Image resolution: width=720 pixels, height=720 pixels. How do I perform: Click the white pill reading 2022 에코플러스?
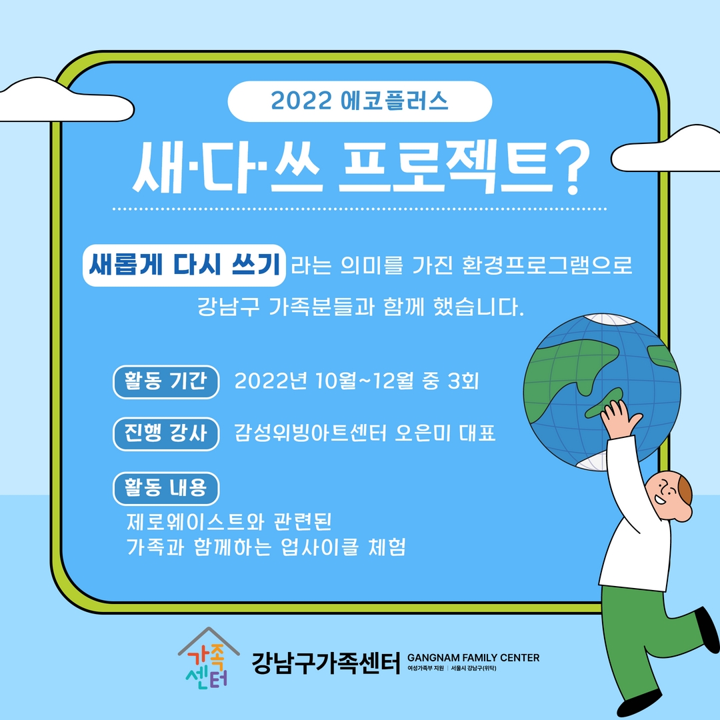(359, 101)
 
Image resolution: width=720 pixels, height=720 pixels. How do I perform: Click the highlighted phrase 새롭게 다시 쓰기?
(184, 265)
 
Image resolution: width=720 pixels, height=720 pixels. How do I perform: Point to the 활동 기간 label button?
(166, 381)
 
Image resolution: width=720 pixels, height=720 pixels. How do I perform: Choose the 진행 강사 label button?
(166, 433)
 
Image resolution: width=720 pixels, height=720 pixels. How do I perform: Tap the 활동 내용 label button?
(166, 488)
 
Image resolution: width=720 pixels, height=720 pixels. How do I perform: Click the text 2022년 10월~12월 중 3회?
(356, 381)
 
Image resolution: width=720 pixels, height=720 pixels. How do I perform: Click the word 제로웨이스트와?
(195, 521)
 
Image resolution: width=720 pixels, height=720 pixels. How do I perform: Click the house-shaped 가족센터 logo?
(209, 658)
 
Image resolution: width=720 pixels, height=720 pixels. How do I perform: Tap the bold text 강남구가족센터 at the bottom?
(326, 663)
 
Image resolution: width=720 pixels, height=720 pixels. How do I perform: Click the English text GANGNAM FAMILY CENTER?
(473, 657)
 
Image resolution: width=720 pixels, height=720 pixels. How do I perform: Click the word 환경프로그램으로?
(547, 265)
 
